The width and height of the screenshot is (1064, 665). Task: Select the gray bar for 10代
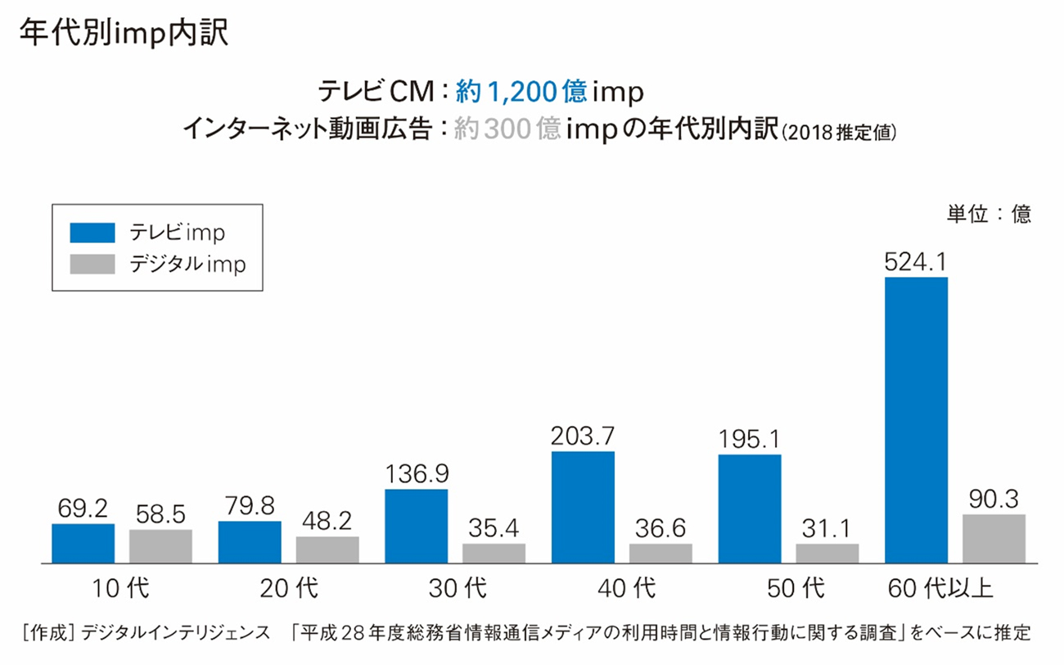click(x=160, y=546)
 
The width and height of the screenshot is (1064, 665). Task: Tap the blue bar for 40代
click(x=583, y=507)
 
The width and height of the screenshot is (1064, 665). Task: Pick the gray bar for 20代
click(x=327, y=550)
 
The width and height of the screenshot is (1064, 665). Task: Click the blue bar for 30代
click(x=416, y=526)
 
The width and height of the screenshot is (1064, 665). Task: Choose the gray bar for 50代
click(x=827, y=553)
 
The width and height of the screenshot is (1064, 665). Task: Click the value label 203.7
click(x=583, y=436)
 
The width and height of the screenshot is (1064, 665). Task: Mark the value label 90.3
click(x=994, y=499)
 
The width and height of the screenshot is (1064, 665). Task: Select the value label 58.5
click(x=160, y=514)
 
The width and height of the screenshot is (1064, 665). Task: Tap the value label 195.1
click(x=750, y=439)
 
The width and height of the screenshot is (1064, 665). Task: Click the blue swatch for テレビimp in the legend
click(x=92, y=233)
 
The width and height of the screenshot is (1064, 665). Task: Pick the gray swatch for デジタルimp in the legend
click(x=92, y=265)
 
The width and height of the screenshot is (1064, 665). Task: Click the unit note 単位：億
click(x=990, y=215)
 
